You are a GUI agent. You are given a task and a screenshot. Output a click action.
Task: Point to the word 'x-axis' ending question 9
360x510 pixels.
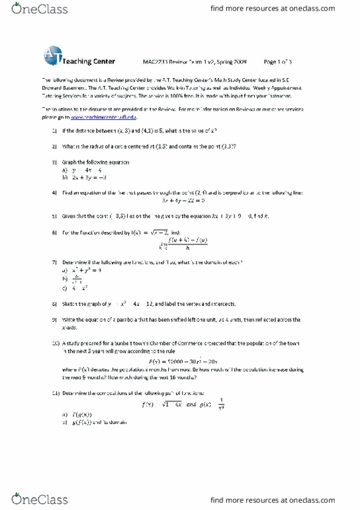coord(70,327)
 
